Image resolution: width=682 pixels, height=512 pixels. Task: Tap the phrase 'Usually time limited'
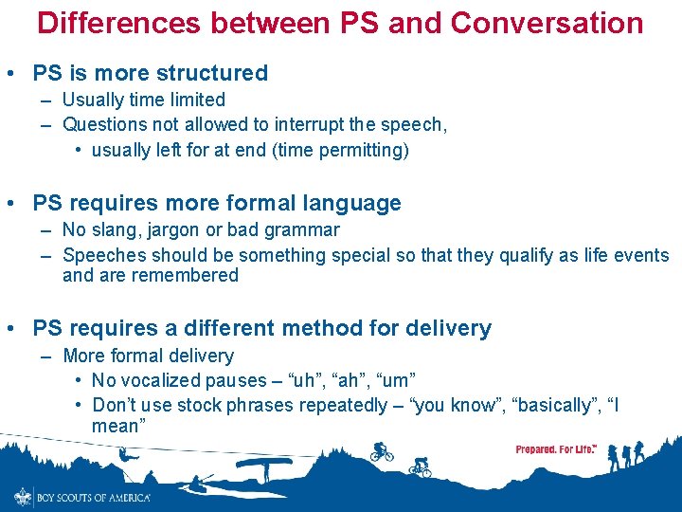click(144, 100)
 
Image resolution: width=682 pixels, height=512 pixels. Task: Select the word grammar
click(304, 229)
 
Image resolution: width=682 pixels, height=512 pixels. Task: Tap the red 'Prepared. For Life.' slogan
click(556, 448)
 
